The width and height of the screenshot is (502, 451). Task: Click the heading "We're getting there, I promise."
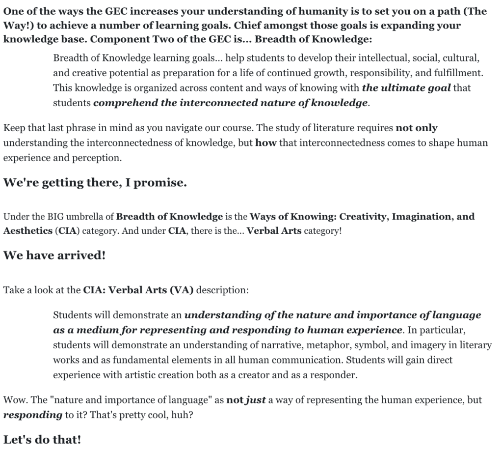[95, 183]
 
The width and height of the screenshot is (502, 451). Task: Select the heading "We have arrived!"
[54, 256]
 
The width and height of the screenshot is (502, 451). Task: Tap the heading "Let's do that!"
[42, 439]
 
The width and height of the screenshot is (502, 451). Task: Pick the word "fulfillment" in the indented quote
[458, 73]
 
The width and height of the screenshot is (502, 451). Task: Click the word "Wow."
[14, 400]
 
